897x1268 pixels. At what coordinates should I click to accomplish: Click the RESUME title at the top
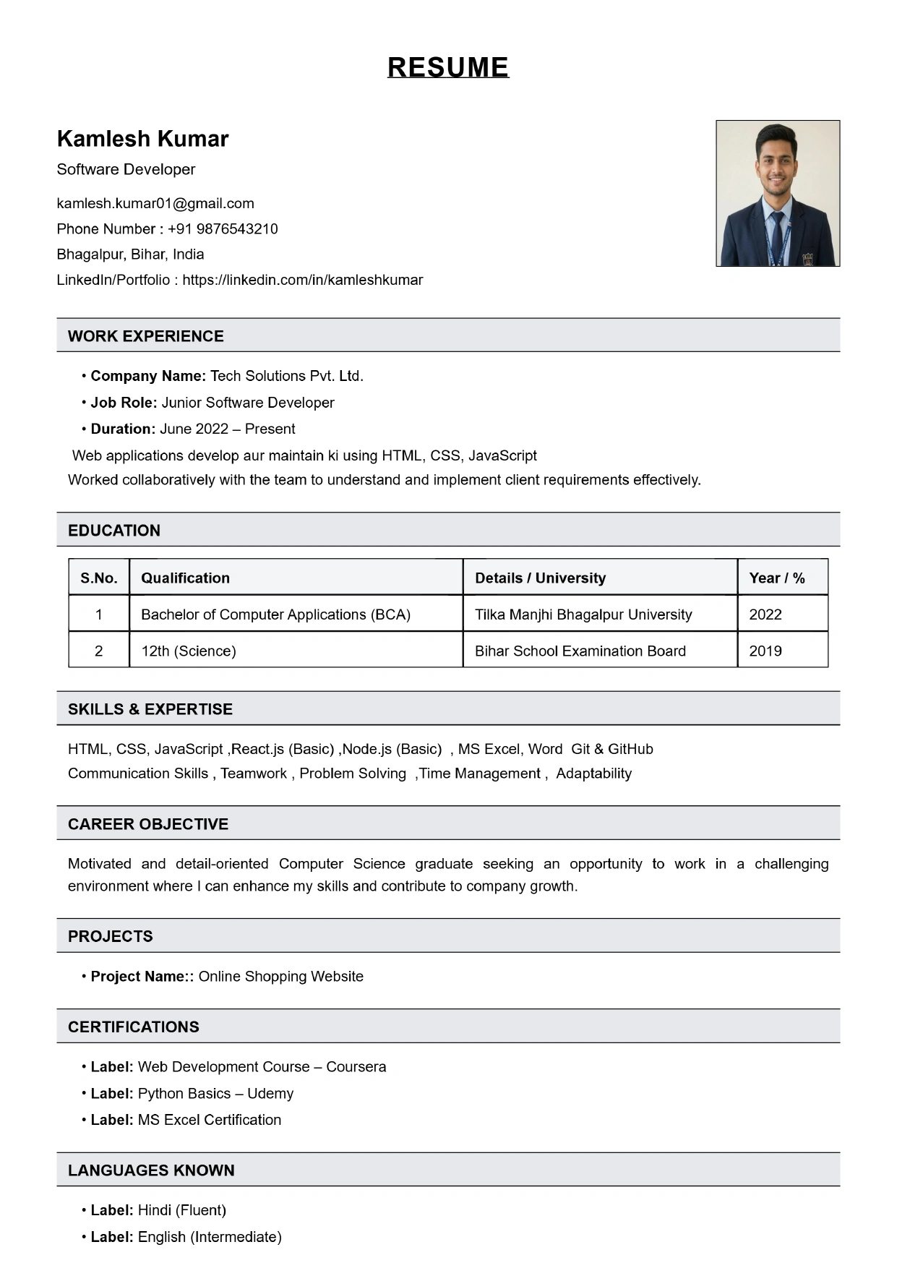click(x=448, y=67)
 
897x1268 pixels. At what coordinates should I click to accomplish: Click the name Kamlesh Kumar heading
click(x=142, y=138)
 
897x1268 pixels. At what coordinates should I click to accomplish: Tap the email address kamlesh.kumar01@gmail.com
click(x=155, y=203)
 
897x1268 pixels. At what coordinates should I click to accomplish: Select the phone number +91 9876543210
click(x=223, y=228)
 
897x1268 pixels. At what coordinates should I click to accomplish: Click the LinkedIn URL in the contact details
click(x=302, y=280)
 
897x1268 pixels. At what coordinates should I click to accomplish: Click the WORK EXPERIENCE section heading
click(x=146, y=336)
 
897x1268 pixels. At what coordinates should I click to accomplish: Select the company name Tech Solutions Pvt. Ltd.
click(x=287, y=376)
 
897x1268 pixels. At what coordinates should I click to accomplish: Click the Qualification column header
click(x=185, y=578)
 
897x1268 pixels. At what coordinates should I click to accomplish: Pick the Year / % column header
click(x=777, y=578)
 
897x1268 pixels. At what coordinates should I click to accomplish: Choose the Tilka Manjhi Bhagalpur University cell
click(x=583, y=614)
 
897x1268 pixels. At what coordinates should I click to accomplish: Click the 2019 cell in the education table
click(x=765, y=651)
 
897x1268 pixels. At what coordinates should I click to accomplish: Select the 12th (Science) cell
click(x=189, y=651)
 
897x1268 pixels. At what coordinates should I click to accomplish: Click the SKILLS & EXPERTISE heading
click(x=150, y=709)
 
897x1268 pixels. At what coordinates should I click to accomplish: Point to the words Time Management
click(x=480, y=774)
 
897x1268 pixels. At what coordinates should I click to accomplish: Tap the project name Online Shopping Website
click(x=281, y=976)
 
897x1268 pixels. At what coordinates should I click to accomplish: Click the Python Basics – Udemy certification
click(x=215, y=1093)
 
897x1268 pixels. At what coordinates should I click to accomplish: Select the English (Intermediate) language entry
click(x=210, y=1237)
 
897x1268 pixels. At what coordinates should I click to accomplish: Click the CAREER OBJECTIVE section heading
click(x=148, y=824)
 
